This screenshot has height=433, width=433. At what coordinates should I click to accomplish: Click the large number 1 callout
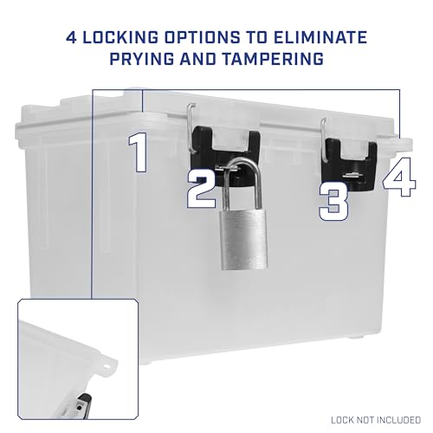(x=139, y=153)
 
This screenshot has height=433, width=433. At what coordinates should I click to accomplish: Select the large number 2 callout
(x=202, y=189)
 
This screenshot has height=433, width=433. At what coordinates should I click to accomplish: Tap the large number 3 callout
(x=333, y=204)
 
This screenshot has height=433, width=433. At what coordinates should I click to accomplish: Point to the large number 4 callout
(x=399, y=177)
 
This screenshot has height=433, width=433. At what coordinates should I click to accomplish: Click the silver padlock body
(x=244, y=240)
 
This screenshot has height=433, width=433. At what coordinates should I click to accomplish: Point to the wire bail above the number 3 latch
(x=323, y=140)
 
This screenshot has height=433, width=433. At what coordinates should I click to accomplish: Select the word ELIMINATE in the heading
(x=320, y=38)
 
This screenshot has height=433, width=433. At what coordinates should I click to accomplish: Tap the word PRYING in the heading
(x=142, y=59)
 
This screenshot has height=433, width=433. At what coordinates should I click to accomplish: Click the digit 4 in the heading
(x=71, y=38)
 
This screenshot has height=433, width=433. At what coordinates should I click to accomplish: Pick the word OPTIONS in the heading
(x=202, y=38)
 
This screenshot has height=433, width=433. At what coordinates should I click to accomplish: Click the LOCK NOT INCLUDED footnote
(x=376, y=420)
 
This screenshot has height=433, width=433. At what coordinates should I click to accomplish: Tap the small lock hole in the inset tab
(x=107, y=367)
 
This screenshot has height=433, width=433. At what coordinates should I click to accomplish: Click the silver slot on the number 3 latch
(x=352, y=175)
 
